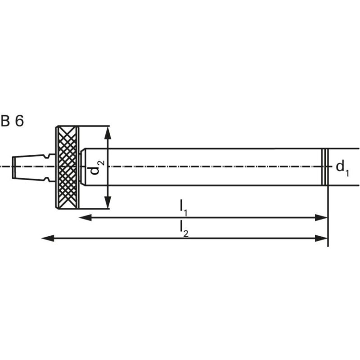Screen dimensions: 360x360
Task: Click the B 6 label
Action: (x=12, y=121)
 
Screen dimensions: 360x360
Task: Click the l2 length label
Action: (x=184, y=229)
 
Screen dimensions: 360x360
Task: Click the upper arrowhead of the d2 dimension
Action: (x=108, y=133)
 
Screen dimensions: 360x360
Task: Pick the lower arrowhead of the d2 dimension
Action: (x=108, y=202)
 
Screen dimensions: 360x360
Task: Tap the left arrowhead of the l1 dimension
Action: (x=85, y=217)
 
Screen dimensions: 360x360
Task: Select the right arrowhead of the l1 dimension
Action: (x=321, y=217)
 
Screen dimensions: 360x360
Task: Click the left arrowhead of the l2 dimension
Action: (x=48, y=238)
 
